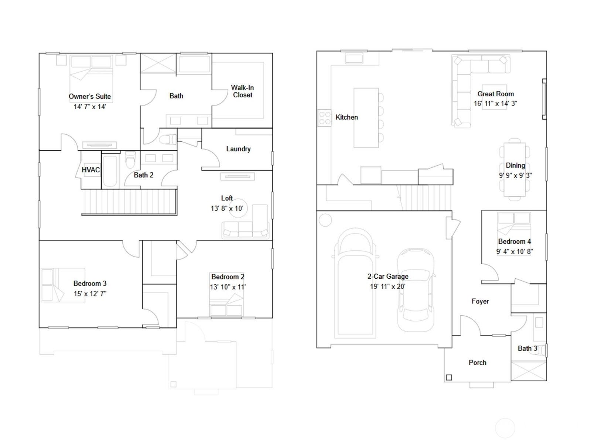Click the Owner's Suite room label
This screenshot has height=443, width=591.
click(90, 96)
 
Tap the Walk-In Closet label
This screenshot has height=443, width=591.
click(242, 91)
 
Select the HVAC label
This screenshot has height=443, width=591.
click(91, 170)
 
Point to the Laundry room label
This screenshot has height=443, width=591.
click(238, 149)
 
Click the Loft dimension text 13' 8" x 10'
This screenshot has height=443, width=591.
click(227, 208)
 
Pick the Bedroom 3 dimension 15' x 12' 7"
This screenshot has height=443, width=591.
click(90, 293)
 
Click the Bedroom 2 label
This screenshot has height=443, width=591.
click(228, 277)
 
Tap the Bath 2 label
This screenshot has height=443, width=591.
click(144, 175)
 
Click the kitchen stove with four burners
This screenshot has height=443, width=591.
click(325, 118)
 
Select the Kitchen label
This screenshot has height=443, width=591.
click(346, 117)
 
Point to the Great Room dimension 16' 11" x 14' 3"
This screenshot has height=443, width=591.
click(495, 103)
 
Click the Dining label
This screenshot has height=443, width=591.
click(515, 165)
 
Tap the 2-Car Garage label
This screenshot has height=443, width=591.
click(388, 276)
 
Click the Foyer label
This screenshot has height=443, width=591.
click(480, 301)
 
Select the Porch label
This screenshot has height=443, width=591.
click(477, 362)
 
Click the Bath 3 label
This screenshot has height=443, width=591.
click(527, 348)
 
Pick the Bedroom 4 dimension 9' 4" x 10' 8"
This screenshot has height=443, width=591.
click(514, 251)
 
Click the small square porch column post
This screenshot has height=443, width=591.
click(449, 377)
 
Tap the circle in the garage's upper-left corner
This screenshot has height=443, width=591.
click(325, 220)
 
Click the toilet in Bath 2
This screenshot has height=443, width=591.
click(131, 159)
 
